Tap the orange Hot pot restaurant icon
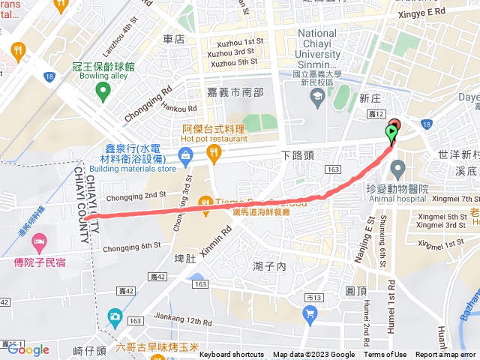click(214, 154)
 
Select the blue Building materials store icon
click(184, 155)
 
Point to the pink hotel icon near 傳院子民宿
click(40, 242)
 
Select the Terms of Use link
click(385, 355)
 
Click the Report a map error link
click(445, 355)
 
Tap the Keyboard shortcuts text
click(232, 355)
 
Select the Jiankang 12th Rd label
click(166, 321)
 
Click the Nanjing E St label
click(370, 222)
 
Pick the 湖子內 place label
click(270, 266)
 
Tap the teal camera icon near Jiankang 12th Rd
click(115, 316)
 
